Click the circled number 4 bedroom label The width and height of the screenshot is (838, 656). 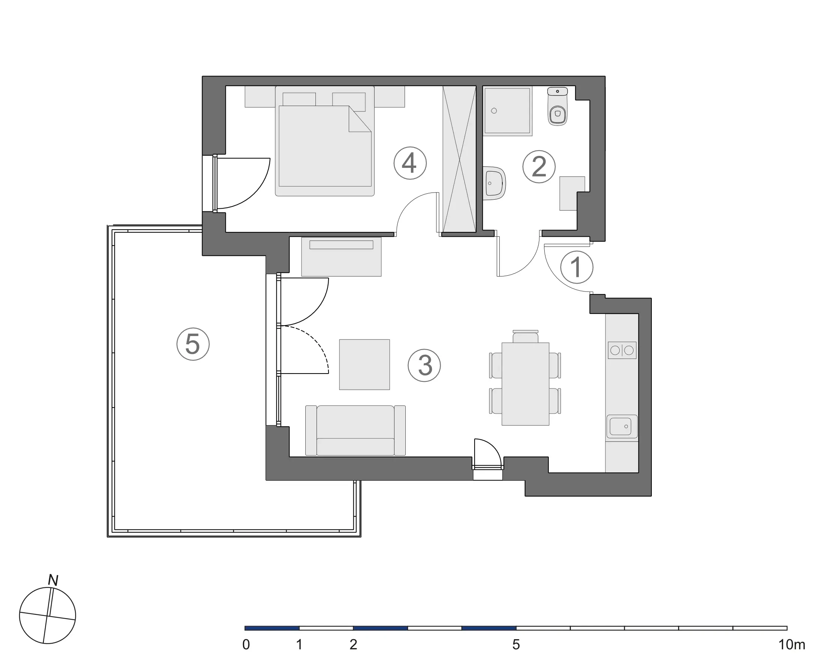(x=410, y=163)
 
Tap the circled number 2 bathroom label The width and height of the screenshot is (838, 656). (x=539, y=166)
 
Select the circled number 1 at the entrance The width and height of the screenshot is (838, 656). (x=577, y=267)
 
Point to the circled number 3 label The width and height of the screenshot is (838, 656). (x=424, y=365)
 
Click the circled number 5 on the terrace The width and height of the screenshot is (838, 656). (x=193, y=344)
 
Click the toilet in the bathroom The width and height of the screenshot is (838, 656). (x=557, y=108)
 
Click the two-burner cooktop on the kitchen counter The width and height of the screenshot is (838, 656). (x=622, y=350)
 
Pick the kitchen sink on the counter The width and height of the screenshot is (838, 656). (x=621, y=426)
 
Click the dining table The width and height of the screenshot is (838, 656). (x=525, y=384)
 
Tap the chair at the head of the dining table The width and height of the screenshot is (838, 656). (x=525, y=336)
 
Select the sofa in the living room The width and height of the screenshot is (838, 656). (x=355, y=430)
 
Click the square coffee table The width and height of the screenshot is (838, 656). (x=364, y=365)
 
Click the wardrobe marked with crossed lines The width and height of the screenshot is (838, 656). (x=459, y=159)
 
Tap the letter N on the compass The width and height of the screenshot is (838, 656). (x=53, y=580)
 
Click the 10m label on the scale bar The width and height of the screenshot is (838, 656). (x=792, y=644)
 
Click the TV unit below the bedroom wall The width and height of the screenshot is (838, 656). (x=341, y=256)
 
